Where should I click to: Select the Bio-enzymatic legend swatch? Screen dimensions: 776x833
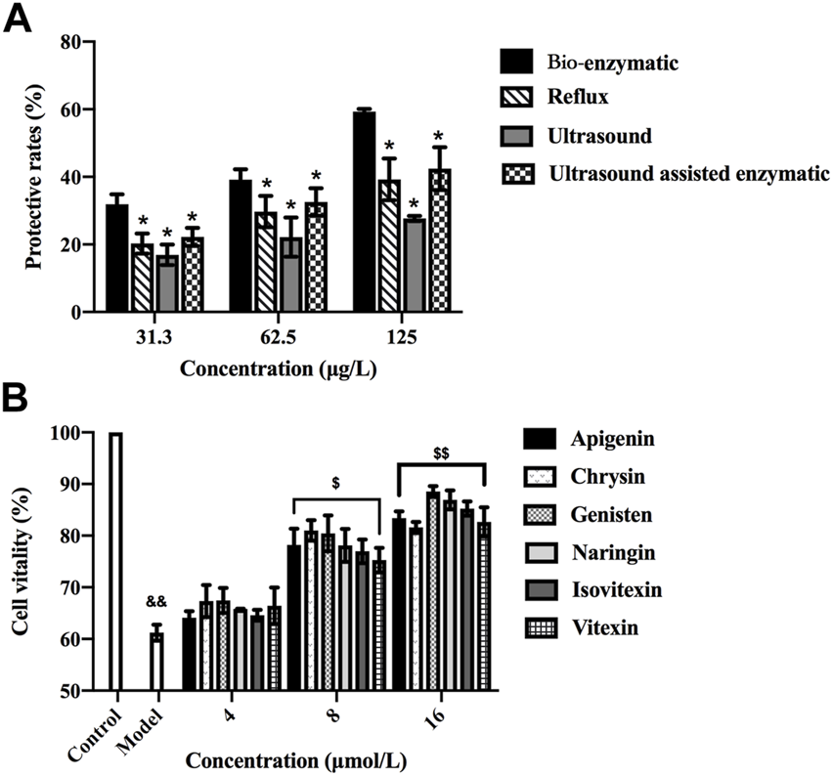pos(515,63)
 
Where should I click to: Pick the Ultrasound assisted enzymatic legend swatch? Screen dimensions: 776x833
pos(515,174)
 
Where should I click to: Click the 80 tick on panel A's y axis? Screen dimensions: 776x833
pos(68,43)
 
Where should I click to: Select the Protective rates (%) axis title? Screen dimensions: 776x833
pos(33,176)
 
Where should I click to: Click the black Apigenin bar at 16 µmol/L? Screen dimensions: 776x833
pos(399,604)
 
